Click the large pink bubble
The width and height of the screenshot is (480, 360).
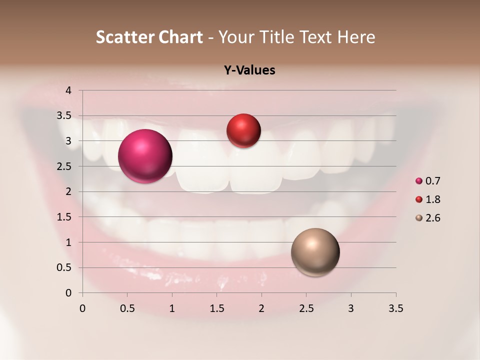pyautogui.click(x=145, y=156)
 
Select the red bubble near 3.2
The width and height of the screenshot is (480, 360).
pyautogui.click(x=243, y=131)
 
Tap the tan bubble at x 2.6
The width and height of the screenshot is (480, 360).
pyautogui.click(x=315, y=252)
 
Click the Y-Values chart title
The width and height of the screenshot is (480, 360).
pyautogui.click(x=249, y=70)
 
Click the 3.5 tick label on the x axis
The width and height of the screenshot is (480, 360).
pyautogui.click(x=395, y=308)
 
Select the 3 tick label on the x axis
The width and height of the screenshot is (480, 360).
pyautogui.click(x=351, y=308)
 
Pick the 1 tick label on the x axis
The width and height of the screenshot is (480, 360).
pyautogui.click(x=172, y=308)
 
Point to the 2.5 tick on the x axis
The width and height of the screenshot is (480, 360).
pyautogui.click(x=306, y=308)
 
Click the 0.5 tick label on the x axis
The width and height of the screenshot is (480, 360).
pyautogui.click(x=127, y=308)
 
